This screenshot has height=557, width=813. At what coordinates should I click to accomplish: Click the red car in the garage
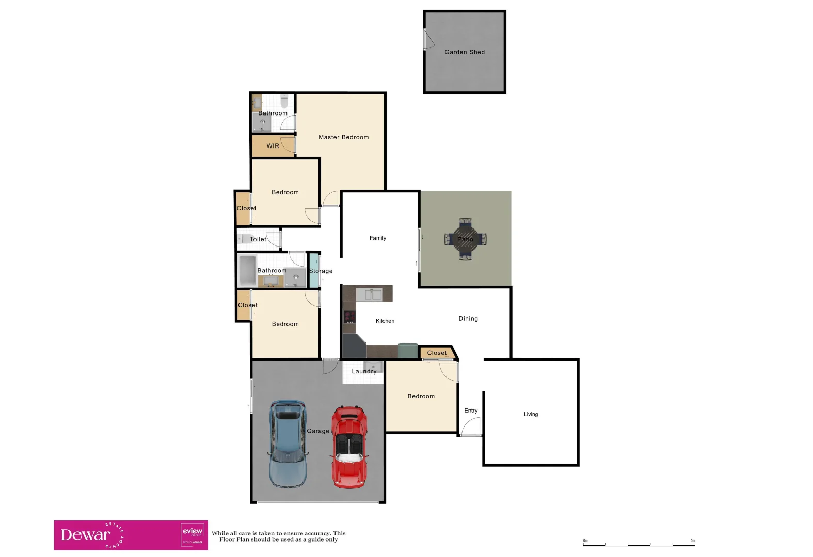(x=349, y=447)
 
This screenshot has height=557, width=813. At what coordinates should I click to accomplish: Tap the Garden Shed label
(x=465, y=52)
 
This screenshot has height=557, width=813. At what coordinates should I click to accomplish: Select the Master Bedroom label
(x=343, y=137)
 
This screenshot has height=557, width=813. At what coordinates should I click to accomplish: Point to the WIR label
(x=273, y=146)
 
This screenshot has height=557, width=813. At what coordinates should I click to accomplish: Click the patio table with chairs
(x=465, y=239)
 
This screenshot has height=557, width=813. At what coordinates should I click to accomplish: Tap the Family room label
(x=377, y=238)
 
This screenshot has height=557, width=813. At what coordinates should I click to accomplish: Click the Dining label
(x=468, y=319)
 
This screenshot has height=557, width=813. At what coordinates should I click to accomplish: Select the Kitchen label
(x=385, y=321)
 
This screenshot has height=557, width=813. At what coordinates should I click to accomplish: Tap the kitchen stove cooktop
(x=350, y=317)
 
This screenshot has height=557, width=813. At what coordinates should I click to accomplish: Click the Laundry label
(x=364, y=371)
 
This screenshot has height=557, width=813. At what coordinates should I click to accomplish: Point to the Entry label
(x=471, y=411)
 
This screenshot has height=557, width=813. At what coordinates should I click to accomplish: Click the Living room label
(x=531, y=415)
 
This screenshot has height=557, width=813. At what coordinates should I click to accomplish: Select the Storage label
(x=321, y=271)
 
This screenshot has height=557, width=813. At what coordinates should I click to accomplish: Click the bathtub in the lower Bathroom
(x=247, y=270)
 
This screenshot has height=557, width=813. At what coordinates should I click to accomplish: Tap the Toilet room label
(x=258, y=239)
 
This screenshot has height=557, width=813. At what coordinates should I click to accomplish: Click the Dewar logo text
(x=86, y=535)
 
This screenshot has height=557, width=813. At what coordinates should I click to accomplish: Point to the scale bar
(x=639, y=544)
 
